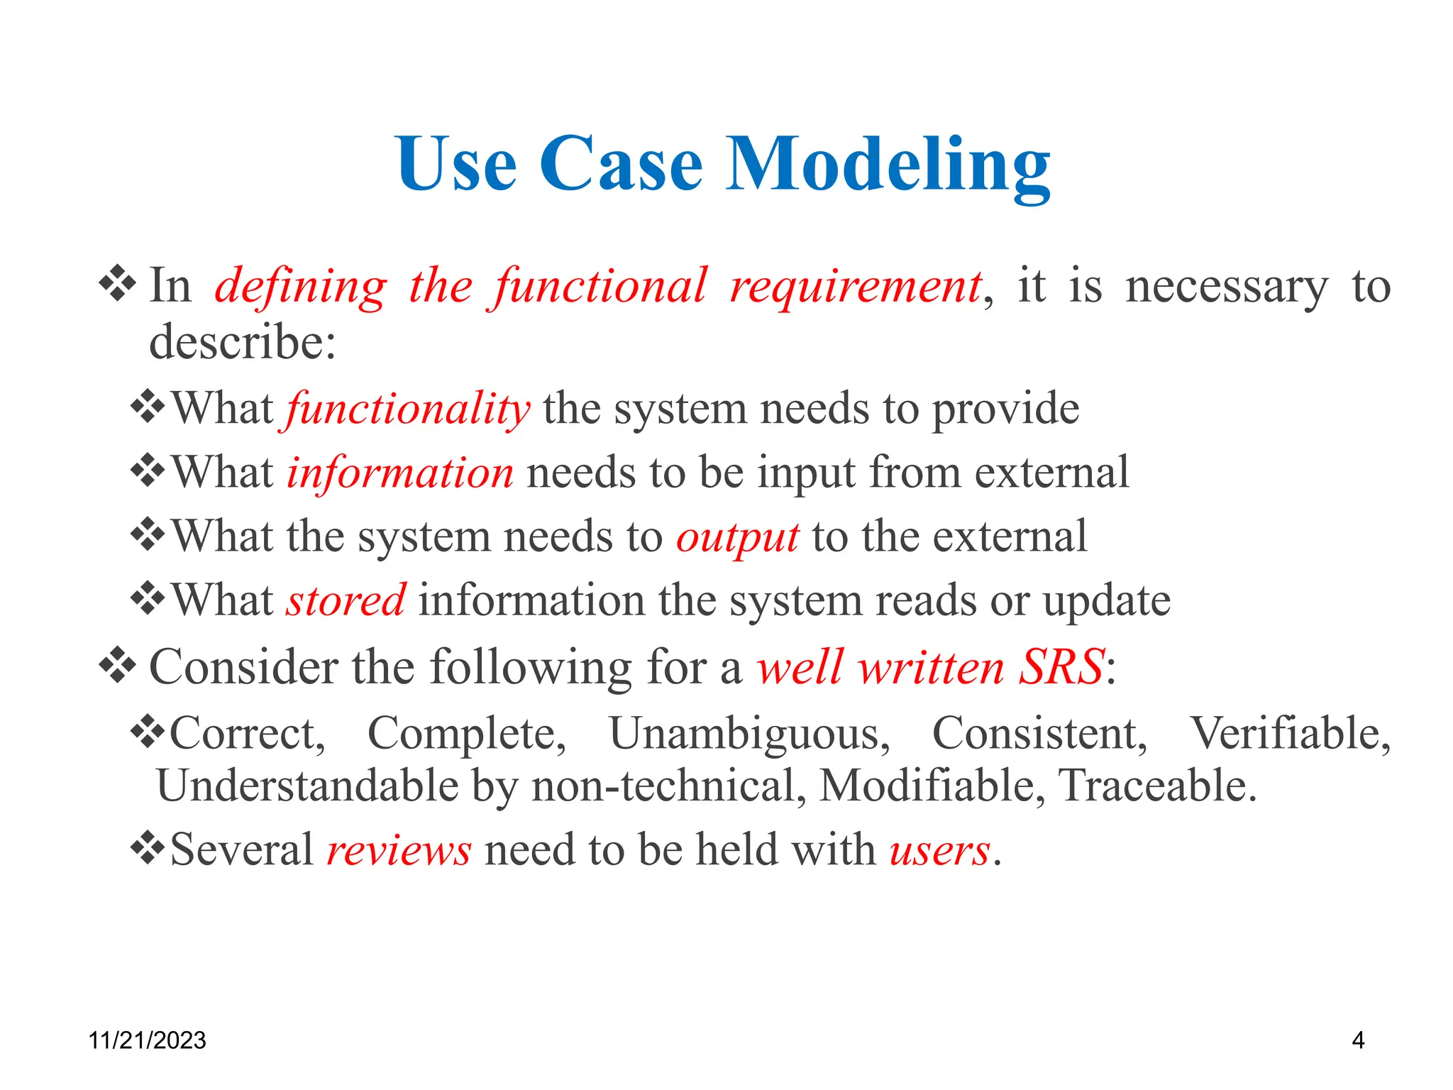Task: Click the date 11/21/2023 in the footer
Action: tap(147, 1040)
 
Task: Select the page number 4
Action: tap(1358, 1040)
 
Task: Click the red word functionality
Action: tap(408, 409)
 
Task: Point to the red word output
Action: tap(737, 537)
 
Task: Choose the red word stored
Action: tap(346, 601)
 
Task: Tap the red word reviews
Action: tap(399, 850)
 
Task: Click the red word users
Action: tap(939, 850)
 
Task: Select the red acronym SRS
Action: tap(1061, 668)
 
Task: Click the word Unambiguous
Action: tap(748, 733)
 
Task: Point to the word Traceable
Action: tap(1156, 786)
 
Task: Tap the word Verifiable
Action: tap(1289, 733)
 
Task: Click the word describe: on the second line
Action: tap(242, 343)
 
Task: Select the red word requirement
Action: tap(856, 287)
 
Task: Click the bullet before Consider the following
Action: tap(117, 666)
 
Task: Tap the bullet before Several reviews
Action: tap(148, 848)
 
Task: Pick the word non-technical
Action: tap(668, 786)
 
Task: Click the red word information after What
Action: tap(399, 473)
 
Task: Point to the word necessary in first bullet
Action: tap(1226, 287)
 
